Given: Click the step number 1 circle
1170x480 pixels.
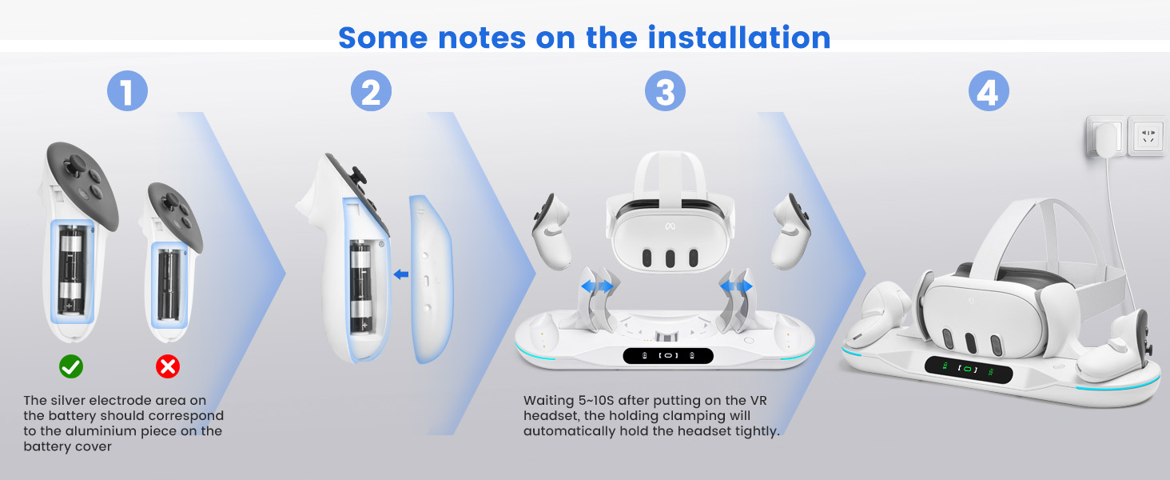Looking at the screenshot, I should (127, 92).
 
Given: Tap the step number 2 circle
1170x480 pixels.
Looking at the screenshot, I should (371, 92).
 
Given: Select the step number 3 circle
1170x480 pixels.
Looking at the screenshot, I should (665, 92).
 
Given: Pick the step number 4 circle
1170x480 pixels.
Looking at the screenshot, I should (989, 92).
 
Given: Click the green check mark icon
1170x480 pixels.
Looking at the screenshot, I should (71, 366).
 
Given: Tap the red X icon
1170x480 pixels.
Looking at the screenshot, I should (167, 366).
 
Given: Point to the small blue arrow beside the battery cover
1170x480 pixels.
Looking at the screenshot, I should (401, 274).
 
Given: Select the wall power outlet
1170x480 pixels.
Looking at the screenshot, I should (1148, 136).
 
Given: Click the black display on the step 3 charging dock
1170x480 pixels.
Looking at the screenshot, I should (668, 355).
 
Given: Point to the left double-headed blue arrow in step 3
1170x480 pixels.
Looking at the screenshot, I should (597, 286).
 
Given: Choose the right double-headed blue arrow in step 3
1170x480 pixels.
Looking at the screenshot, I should (736, 286).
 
